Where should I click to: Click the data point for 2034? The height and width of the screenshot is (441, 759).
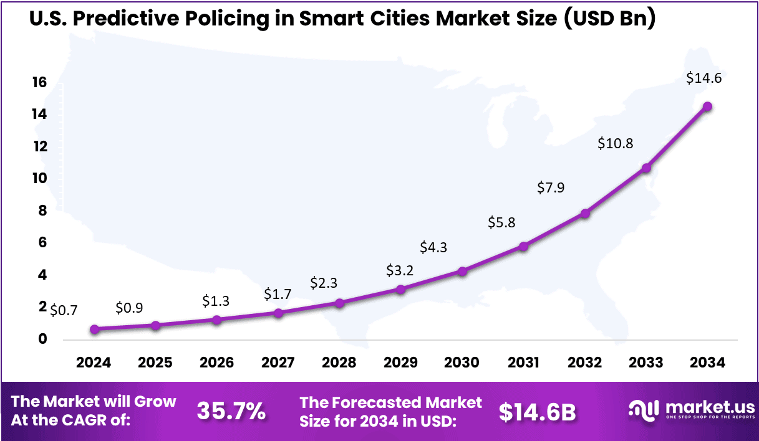click(x=707, y=107)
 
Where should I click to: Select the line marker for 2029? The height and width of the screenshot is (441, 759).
click(x=401, y=289)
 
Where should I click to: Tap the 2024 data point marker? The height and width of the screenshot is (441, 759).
click(x=94, y=329)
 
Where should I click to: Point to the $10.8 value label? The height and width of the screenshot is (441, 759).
click(x=615, y=143)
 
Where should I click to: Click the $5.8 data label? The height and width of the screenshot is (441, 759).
click(x=501, y=222)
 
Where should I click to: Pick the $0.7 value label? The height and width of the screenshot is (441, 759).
click(x=64, y=310)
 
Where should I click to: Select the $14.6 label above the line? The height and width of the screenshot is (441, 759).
click(x=703, y=78)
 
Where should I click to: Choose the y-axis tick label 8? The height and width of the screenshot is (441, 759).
click(x=42, y=211)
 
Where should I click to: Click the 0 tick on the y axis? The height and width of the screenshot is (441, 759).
click(x=42, y=339)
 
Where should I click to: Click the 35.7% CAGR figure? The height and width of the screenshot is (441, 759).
click(x=231, y=411)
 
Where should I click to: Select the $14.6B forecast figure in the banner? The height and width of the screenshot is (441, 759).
click(x=537, y=411)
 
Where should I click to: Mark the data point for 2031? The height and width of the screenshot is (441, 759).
click(x=524, y=247)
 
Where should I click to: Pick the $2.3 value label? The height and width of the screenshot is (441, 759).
click(x=324, y=283)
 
